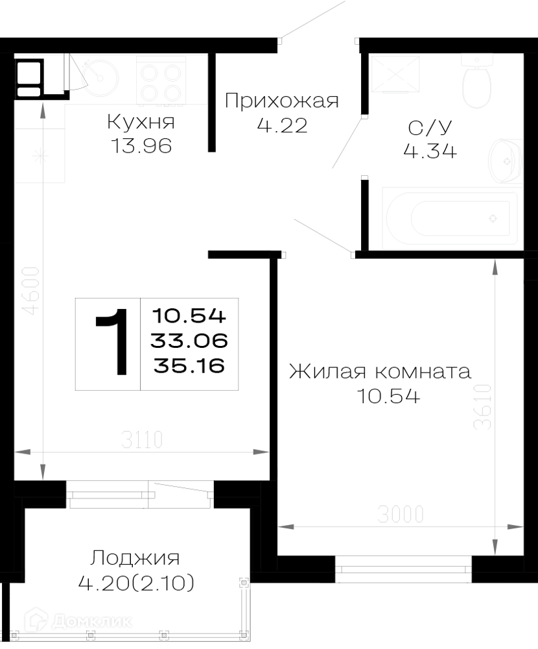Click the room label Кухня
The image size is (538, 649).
tap(141, 122)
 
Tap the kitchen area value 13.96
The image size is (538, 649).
tap(141, 145)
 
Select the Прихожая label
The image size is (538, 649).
tap(281, 101)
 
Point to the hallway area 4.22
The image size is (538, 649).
tap(283, 125)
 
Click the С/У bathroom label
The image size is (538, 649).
tap(430, 127)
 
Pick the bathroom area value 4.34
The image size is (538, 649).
tap(430, 151)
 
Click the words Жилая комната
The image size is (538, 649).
tap(380, 371)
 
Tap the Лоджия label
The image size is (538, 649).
tap(135, 558)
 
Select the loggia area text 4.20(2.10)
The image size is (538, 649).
tap(136, 583)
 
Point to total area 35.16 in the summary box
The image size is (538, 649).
tap(189, 365)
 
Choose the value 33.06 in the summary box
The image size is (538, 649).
tap(189, 341)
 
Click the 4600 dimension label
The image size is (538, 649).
tap(31, 291)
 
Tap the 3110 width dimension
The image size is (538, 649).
tap(142, 440)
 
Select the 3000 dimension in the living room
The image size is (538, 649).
tap(401, 515)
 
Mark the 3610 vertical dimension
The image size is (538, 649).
tap(483, 407)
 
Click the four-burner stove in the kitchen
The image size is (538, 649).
tap(161, 82)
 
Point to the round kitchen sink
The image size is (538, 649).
tap(100, 77)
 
